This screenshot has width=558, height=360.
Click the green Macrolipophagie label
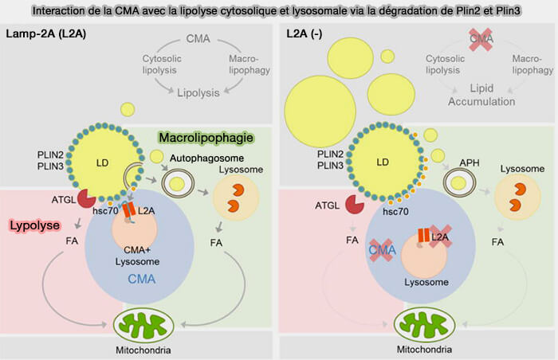(206, 138)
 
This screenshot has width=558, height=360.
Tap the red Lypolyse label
(37, 226)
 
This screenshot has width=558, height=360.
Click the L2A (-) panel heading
(308, 33)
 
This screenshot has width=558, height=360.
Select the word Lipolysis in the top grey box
(199, 92)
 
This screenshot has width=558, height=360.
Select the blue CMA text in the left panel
(142, 279)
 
